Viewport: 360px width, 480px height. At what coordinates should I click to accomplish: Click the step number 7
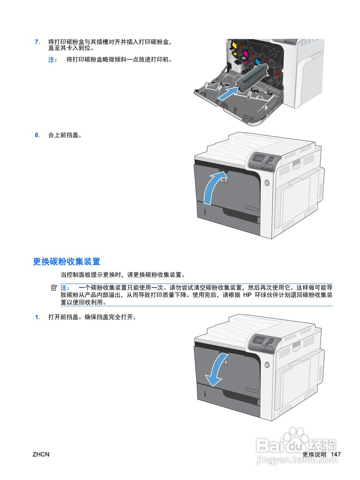point(36,42)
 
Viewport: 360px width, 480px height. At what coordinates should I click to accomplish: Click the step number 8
point(36,135)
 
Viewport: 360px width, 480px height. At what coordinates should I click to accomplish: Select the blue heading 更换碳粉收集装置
point(66,261)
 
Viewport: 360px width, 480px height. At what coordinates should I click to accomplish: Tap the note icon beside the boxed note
point(54,288)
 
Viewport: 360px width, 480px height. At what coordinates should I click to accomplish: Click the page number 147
point(336,454)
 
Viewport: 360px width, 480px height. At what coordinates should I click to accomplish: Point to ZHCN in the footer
point(41,454)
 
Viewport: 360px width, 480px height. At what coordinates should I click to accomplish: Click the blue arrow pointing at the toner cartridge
point(228,93)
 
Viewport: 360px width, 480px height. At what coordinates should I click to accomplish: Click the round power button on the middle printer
point(266,183)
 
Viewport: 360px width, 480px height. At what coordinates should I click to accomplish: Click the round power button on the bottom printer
point(266,364)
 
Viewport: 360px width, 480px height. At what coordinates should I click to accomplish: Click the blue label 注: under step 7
point(52,59)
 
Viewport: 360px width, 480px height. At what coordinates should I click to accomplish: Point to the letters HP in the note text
point(247,295)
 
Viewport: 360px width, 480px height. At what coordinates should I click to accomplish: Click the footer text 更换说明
point(314,454)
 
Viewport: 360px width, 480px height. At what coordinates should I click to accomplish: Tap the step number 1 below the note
point(36,317)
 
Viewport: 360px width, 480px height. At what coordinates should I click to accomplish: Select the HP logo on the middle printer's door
point(224,181)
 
